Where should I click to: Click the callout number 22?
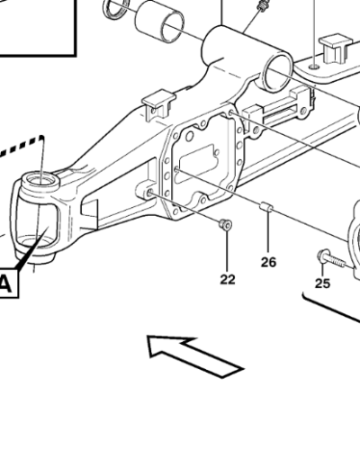(x=228, y=280)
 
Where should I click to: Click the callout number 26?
(x=268, y=262)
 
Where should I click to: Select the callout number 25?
(x=322, y=283)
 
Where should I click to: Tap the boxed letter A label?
(x=5, y=284)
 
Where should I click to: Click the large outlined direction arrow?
(x=195, y=355)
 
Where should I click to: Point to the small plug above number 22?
(x=225, y=224)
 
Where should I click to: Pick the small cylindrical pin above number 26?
(x=265, y=206)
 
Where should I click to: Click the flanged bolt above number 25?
(x=331, y=259)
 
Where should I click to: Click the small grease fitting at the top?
(x=263, y=5)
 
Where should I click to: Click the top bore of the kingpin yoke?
(x=40, y=180)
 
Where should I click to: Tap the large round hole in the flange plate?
(x=190, y=137)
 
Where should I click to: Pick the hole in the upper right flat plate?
(x=314, y=66)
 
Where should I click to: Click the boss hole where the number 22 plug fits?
(x=149, y=192)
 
